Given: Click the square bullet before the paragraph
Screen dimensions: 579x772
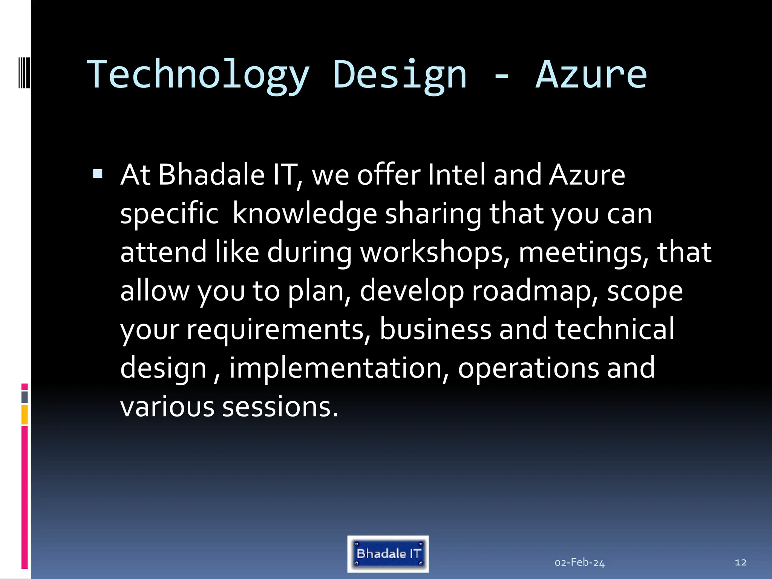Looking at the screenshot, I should [98, 174].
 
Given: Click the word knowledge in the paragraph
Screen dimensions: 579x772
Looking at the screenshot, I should [305, 214].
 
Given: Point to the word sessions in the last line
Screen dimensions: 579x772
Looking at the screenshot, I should [280, 407].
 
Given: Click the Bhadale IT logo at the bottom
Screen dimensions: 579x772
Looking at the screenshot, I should [388, 554].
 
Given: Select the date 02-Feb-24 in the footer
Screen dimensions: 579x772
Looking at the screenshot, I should [579, 562].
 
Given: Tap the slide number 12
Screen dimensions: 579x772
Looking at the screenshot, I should [740, 562].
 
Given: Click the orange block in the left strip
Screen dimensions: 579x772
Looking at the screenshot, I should [25, 415].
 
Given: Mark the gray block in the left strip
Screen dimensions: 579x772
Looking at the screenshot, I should [25, 397].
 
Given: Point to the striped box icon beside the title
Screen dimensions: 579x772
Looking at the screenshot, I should [25, 72].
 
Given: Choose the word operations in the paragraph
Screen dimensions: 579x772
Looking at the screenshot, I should [528, 368].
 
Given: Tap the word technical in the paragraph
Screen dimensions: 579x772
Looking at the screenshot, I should [614, 329].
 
